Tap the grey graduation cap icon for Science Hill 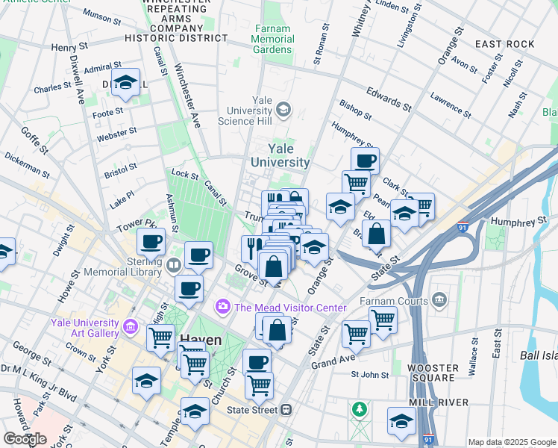point(283,111)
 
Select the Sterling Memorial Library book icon point(174,265)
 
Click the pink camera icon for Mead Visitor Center point(222,307)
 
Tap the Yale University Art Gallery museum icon point(131,326)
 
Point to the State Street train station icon point(286,410)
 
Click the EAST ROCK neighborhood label point(505,44)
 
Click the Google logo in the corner point(24,438)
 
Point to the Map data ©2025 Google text point(512,442)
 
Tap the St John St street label point(371,374)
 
